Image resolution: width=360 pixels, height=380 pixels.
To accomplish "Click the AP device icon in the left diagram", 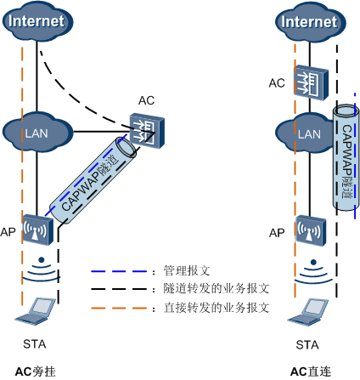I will (x=37, y=230).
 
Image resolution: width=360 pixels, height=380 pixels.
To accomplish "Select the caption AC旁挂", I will (x=37, y=371).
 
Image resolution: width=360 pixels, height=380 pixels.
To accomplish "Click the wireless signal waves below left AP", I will (x=37, y=270).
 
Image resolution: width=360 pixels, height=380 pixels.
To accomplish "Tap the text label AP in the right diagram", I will (x=276, y=232).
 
